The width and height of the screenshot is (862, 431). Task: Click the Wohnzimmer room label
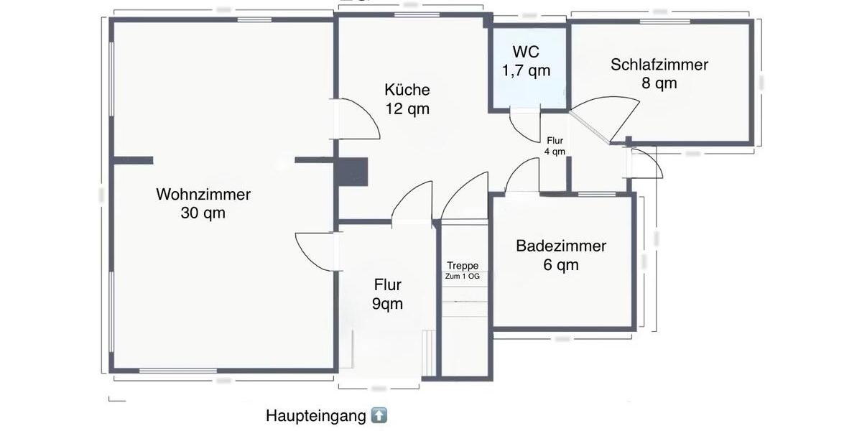pos(203,194)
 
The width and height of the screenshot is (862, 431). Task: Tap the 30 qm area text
pos(203,213)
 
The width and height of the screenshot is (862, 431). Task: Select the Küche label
pos(407,90)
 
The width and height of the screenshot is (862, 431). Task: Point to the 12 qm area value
pos(407,108)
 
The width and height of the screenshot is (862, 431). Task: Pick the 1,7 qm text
pos(526,70)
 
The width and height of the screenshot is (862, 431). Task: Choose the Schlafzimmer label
pos(659,65)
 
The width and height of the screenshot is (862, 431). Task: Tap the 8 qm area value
pos(659,83)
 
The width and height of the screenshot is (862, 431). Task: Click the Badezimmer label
pos(561,246)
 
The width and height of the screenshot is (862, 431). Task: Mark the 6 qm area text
pos(561,264)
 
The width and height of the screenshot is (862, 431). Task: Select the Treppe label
pos(462,266)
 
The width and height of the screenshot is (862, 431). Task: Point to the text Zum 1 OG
pos(462,276)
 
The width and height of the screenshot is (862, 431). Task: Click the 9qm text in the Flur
pos(387,303)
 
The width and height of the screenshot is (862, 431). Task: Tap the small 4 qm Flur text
pos(555,152)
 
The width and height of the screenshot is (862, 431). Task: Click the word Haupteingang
pos(317,416)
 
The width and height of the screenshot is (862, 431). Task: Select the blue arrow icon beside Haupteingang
pos(379,415)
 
